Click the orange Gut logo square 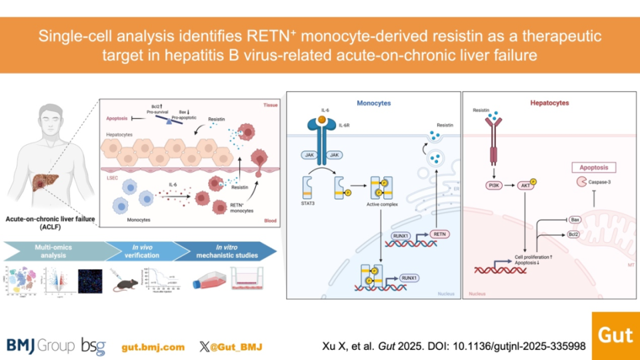(x=615, y=335)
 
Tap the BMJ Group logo (x=41, y=345)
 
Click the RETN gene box (x=439, y=234)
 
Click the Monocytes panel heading (x=374, y=103)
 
